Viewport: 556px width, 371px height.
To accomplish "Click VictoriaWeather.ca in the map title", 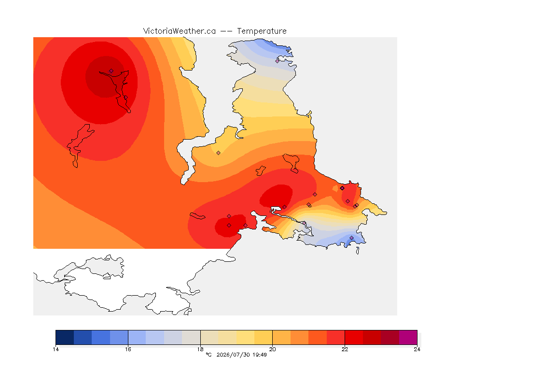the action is pyautogui.click(x=180, y=31).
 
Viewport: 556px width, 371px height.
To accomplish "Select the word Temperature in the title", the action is pyautogui.click(x=262, y=31).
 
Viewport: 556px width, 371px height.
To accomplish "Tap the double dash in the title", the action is pyautogui.click(x=226, y=31).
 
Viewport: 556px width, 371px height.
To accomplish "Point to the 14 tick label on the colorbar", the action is pyautogui.click(x=56, y=349).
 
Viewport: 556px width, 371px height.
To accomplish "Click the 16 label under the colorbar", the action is pyautogui.click(x=128, y=349).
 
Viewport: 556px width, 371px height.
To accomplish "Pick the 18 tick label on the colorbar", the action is pyautogui.click(x=200, y=349).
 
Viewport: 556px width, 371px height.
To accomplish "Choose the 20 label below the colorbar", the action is pyautogui.click(x=272, y=349).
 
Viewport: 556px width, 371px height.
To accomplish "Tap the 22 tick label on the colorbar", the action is pyautogui.click(x=345, y=349).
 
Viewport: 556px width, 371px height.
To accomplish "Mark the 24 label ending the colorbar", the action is pyautogui.click(x=417, y=349).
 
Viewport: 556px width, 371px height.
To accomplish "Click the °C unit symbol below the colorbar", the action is pyautogui.click(x=209, y=355).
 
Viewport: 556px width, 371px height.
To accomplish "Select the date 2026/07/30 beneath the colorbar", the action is pyautogui.click(x=233, y=355).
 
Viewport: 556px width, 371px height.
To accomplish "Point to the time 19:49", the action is pyautogui.click(x=260, y=355).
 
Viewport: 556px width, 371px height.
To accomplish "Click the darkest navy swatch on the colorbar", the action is pyautogui.click(x=65, y=337).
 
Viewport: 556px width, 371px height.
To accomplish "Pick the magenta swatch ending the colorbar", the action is pyautogui.click(x=408, y=337).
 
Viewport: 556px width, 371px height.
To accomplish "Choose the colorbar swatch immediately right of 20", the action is pyautogui.click(x=281, y=337).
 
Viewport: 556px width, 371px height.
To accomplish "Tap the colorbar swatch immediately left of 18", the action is pyautogui.click(x=191, y=337).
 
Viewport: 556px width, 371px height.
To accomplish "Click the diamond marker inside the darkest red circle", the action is pyautogui.click(x=111, y=71).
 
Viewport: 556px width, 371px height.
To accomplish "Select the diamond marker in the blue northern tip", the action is pyautogui.click(x=278, y=61).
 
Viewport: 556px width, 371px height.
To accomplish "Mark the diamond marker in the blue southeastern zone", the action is pyautogui.click(x=351, y=238).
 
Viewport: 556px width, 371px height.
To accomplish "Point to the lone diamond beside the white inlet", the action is pyautogui.click(x=219, y=153).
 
